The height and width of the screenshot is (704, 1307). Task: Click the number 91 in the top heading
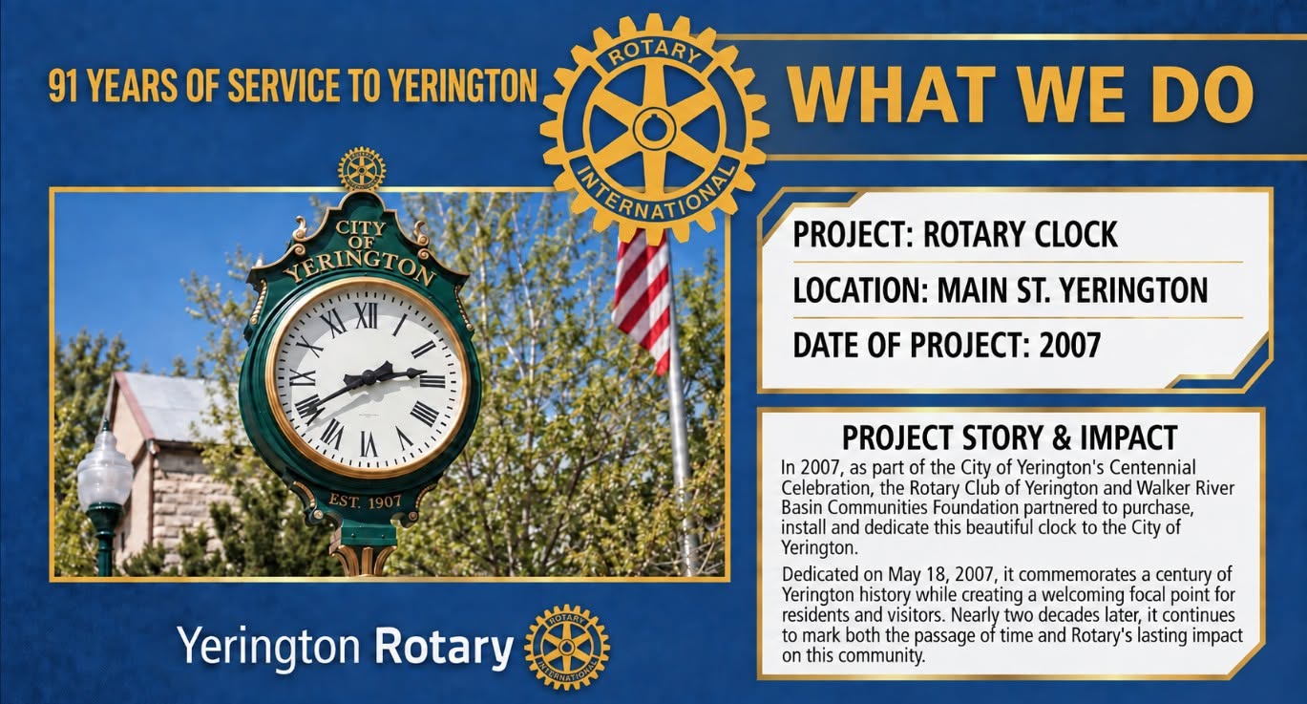(x=64, y=85)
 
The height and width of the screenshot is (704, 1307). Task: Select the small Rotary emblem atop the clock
(x=362, y=169)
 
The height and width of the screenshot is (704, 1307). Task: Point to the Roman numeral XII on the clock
(x=367, y=316)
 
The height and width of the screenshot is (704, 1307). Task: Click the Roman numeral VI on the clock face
(x=369, y=444)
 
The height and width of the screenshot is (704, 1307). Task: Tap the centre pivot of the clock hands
(x=369, y=378)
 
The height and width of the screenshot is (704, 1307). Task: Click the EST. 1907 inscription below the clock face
(x=365, y=501)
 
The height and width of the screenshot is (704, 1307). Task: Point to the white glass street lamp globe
(x=105, y=469)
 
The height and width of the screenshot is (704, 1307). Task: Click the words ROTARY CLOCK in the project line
(x=1020, y=234)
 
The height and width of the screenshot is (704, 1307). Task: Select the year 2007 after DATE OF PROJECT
(x=1070, y=345)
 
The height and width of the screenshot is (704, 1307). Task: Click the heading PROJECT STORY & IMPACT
(x=1009, y=437)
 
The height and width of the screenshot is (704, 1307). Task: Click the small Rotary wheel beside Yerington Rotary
(x=566, y=647)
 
